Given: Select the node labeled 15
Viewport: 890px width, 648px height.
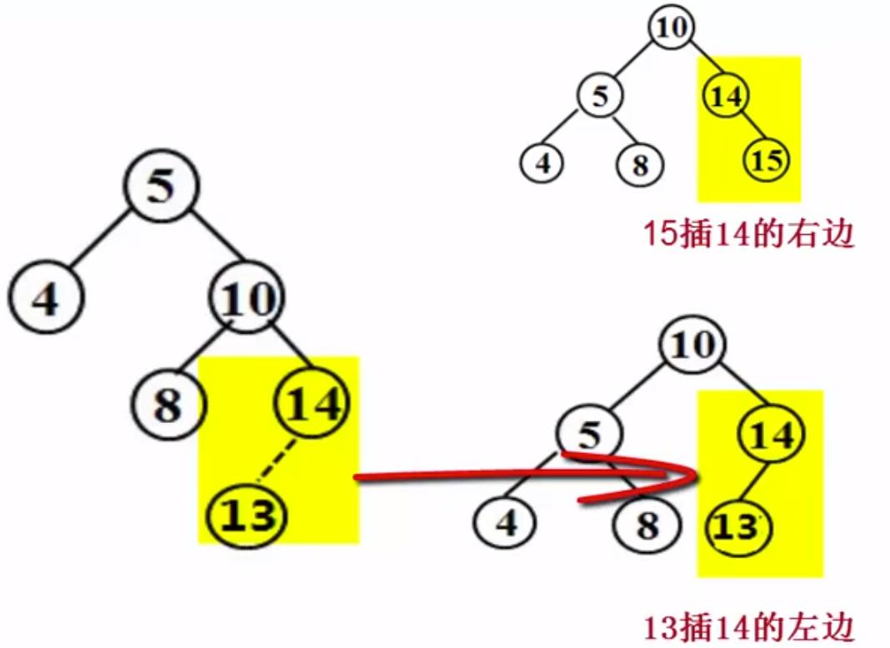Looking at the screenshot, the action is click(766, 160).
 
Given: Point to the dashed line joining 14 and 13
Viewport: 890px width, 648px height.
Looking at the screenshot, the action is click(278, 461).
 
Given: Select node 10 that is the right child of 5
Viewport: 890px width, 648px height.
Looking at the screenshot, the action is click(247, 298).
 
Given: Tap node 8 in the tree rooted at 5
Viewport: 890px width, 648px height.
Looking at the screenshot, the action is click(167, 406).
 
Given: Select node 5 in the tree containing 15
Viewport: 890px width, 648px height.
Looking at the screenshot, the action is click(601, 97).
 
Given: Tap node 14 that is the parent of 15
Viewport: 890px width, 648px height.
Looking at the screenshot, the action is click(727, 97).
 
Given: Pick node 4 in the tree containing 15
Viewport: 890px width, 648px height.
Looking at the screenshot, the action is click(543, 163).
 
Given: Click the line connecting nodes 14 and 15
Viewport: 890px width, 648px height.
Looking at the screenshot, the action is click(747, 128).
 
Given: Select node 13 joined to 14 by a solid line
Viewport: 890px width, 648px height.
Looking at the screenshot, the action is click(737, 528).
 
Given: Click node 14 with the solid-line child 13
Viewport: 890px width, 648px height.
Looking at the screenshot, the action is click(772, 435).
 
